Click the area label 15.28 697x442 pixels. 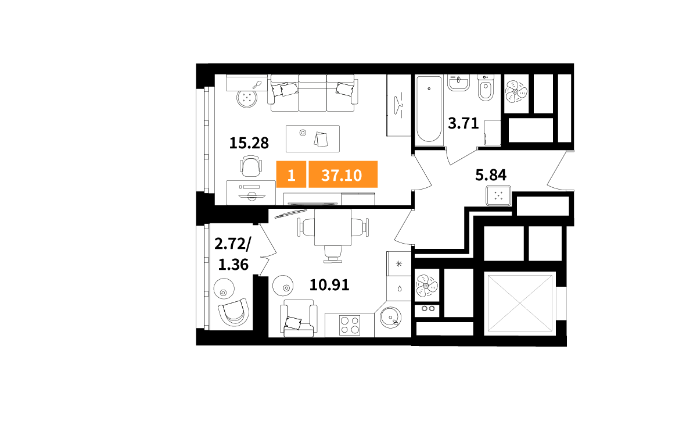click(x=249, y=143)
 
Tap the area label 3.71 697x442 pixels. click(x=463, y=123)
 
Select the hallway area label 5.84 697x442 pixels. click(x=491, y=175)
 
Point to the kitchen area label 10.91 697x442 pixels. click(x=329, y=285)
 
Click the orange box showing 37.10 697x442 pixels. click(x=343, y=174)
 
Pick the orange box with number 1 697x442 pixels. click(x=291, y=174)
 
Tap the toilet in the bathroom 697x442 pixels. click(x=486, y=88)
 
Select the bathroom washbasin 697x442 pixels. click(x=458, y=83)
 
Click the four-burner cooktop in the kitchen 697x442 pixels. click(x=350, y=325)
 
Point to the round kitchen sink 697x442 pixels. click(x=390, y=318)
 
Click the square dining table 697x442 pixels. click(x=333, y=227)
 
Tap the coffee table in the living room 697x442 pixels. click(x=312, y=138)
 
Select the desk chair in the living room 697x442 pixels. click(x=251, y=166)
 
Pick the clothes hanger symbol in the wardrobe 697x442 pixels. click(x=398, y=105)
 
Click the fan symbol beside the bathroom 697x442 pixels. click(x=516, y=91)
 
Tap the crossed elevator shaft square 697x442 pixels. click(x=520, y=304)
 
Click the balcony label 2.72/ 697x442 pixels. click(x=232, y=244)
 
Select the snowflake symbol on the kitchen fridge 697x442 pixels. click(x=399, y=264)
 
